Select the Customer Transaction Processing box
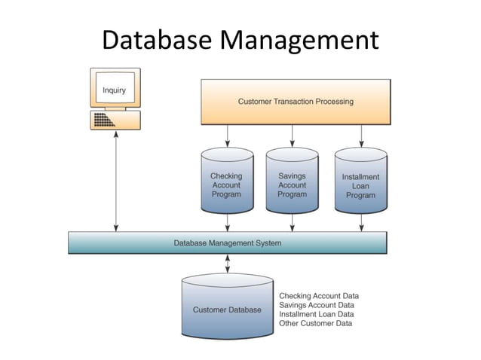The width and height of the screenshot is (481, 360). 296,101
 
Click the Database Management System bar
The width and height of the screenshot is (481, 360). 227,243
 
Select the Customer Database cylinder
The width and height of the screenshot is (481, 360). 227,309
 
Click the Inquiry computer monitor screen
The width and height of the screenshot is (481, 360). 114,91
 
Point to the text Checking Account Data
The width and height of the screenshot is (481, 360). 319,296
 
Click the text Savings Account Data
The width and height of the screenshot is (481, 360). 317,305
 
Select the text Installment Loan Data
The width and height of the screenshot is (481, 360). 317,314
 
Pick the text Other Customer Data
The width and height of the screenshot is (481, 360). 315,323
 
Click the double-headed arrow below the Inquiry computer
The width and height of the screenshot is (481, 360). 115,181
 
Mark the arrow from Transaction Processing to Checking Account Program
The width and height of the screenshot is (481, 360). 227,136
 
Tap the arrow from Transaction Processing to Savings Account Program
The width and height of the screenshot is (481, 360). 292,136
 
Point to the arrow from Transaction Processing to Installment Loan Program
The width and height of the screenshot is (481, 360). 361,136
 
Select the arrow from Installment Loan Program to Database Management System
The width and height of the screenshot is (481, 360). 361,223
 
